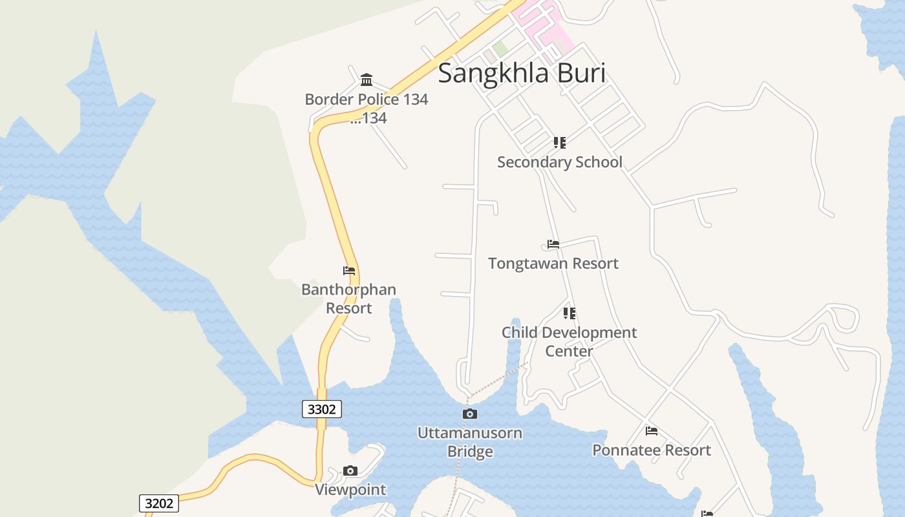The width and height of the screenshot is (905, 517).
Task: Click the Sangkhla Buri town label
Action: pyautogui.click(x=522, y=73)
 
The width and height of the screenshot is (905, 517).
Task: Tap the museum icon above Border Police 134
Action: pyautogui.click(x=367, y=79)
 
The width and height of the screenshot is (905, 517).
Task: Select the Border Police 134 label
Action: pyautogui.click(x=367, y=100)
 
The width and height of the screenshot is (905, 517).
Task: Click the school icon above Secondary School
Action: pyautogui.click(x=560, y=142)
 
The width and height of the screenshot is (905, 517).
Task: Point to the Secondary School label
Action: pyautogui.click(x=560, y=162)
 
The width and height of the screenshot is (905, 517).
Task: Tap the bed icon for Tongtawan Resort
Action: pyautogui.click(x=553, y=244)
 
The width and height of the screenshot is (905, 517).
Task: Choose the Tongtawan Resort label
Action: pyautogui.click(x=553, y=264)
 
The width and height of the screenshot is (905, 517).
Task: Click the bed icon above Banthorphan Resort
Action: pyautogui.click(x=349, y=271)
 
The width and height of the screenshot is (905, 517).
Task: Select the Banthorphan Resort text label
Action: pyautogui.click(x=349, y=299)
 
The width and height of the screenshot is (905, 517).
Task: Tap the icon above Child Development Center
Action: pyautogui.click(x=569, y=313)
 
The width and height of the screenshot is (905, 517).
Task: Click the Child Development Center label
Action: pyautogui.click(x=569, y=341)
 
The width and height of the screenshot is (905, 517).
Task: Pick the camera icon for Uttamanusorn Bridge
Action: pyautogui.click(x=470, y=414)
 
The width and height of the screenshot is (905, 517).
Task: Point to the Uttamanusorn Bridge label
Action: pyautogui.click(x=470, y=442)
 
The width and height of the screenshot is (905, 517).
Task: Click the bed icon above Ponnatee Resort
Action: pyautogui.click(x=652, y=431)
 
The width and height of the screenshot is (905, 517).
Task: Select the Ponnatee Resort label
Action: pyautogui.click(x=652, y=450)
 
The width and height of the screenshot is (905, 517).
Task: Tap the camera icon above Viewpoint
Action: pyautogui.click(x=350, y=470)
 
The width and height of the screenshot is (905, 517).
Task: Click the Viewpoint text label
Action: pyautogui.click(x=350, y=490)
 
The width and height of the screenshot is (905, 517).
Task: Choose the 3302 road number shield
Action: pyautogui.click(x=322, y=409)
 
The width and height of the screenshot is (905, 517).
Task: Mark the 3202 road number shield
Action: pyautogui.click(x=159, y=503)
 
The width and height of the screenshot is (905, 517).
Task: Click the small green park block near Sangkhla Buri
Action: pyautogui.click(x=500, y=48)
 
